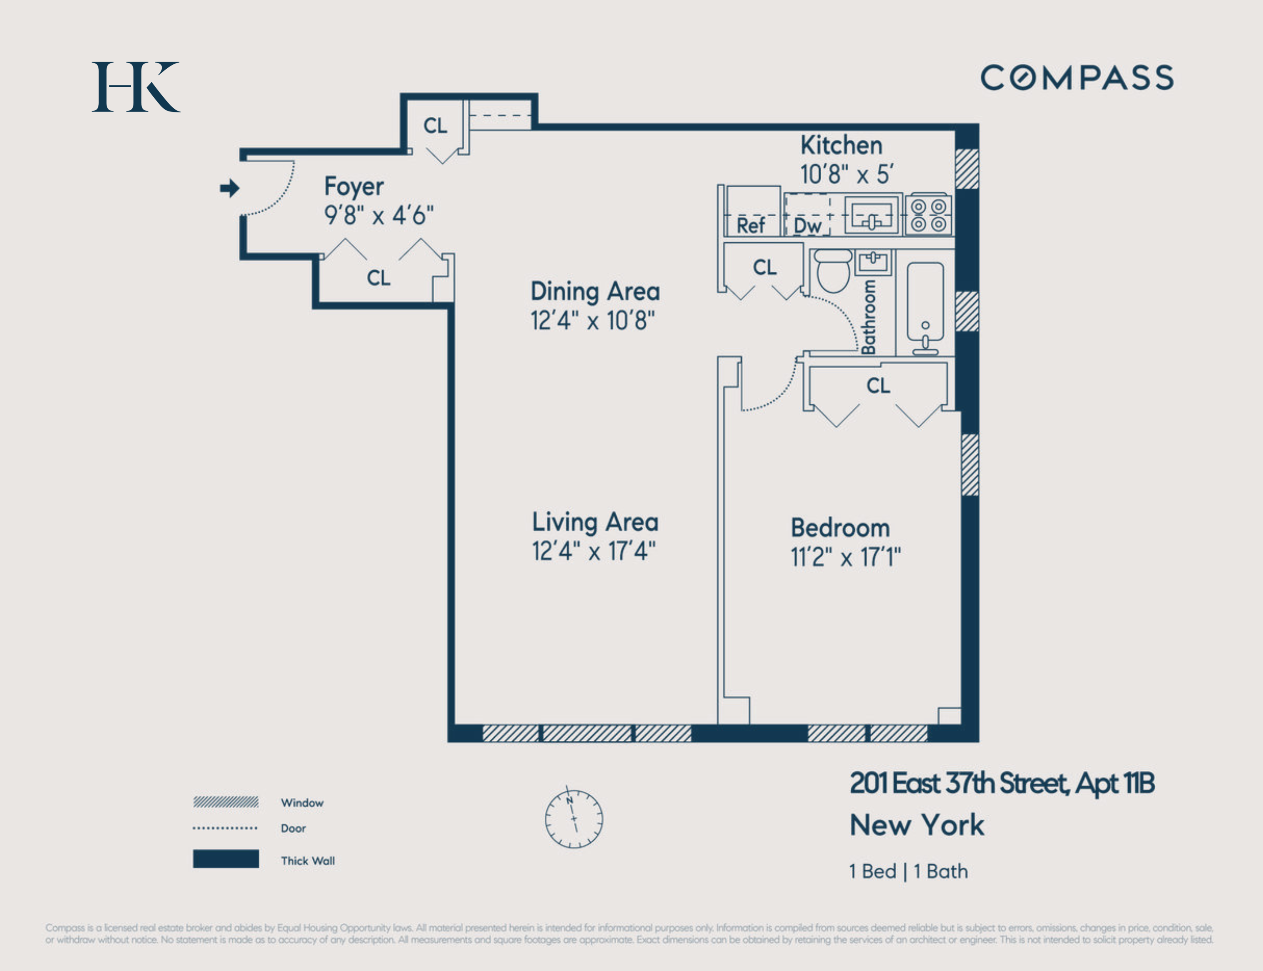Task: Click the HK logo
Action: point(136,87)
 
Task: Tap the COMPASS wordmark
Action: point(1077,77)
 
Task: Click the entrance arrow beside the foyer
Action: point(229,188)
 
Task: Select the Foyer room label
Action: point(354,187)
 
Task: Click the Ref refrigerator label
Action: point(751,225)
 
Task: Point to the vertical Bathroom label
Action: point(868,317)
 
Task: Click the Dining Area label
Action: point(595,291)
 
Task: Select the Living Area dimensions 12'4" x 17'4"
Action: point(594,551)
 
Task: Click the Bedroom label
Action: point(840,528)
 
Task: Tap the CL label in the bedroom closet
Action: point(878,386)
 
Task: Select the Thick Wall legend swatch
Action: point(226,859)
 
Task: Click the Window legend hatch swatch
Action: point(226,802)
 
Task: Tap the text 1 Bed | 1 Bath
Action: point(908,871)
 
